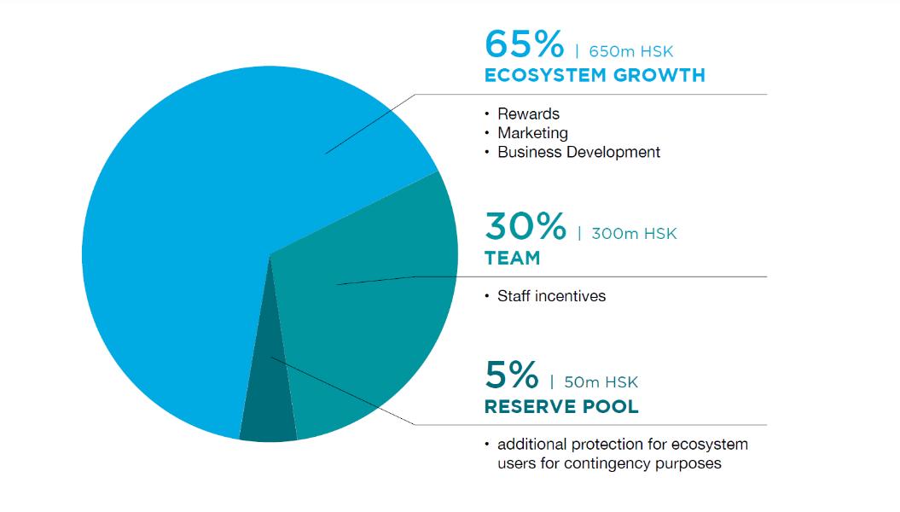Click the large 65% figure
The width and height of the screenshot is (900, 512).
tap(524, 44)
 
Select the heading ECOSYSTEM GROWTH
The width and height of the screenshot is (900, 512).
tap(595, 75)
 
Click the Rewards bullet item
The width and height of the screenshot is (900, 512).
tap(528, 113)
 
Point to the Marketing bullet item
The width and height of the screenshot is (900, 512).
tap(532, 133)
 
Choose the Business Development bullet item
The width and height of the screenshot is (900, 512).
tap(578, 152)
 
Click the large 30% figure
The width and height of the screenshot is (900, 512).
tap(525, 225)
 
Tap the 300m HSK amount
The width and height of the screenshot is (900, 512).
tap(634, 234)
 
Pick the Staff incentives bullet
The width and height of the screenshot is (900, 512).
tap(551, 296)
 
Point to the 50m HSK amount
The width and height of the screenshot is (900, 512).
tap(601, 382)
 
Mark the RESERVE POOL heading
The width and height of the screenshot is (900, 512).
tap(561, 406)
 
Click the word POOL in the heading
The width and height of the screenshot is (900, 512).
tap(610, 406)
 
